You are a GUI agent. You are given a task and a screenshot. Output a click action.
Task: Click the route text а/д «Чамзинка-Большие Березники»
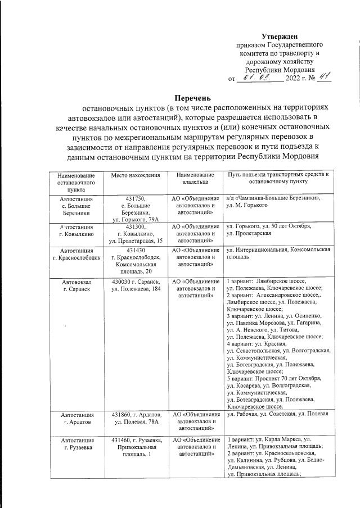(273, 198)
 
